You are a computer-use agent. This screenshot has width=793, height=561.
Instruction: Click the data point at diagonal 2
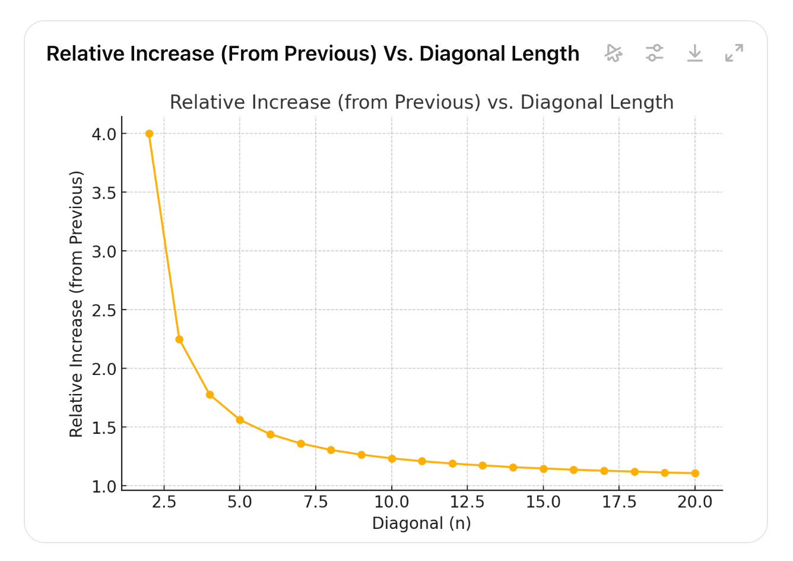click(149, 134)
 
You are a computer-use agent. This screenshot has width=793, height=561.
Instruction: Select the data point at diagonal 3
click(179, 339)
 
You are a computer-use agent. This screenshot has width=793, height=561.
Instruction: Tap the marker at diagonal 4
click(210, 395)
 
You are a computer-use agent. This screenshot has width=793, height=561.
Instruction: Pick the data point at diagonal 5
click(240, 420)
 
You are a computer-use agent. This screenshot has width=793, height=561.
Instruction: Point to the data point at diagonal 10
click(392, 459)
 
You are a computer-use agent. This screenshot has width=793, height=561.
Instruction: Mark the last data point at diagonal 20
click(695, 473)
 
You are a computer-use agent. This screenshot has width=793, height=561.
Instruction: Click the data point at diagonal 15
click(543, 469)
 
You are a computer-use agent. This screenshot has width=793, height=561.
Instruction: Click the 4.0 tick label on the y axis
click(104, 134)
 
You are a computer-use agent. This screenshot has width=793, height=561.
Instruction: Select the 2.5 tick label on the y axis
click(104, 310)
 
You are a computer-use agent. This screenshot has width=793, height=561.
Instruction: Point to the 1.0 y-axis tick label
click(104, 487)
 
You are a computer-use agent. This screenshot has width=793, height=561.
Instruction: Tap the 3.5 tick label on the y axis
click(104, 193)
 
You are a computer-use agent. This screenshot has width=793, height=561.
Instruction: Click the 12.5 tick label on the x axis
click(467, 503)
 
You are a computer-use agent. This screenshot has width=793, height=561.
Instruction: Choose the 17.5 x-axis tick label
click(619, 503)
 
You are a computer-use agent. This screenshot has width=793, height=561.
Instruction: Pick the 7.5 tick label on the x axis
click(316, 503)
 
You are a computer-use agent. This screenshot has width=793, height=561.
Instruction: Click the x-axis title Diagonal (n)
click(421, 524)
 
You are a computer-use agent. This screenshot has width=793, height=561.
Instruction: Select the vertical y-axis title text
click(76, 304)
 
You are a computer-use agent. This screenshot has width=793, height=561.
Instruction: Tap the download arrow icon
click(694, 53)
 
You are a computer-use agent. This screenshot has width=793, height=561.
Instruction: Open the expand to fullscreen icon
click(734, 53)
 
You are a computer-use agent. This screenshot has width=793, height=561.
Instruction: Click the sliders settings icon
click(654, 53)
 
